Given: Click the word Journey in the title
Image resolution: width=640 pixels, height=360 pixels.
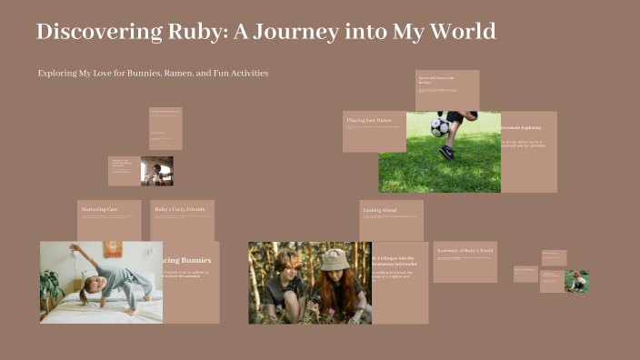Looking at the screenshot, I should point(296,32).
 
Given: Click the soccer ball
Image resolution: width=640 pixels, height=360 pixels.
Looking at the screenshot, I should point(440,127).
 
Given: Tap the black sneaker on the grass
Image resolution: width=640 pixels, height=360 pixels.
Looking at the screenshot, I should point(447,152).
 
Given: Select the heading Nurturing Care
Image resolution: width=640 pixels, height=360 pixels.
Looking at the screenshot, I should point(100,210).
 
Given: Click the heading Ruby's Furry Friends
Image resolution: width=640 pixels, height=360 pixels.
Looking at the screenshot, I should point(178,210).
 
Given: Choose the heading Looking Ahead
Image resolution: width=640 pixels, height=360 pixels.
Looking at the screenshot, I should point(380,211).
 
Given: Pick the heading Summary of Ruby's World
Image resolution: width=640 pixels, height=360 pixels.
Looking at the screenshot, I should point(465,250).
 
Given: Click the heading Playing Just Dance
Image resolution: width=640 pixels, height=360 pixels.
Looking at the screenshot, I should point(369,120).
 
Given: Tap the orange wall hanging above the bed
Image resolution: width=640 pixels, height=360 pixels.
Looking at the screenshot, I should point(112,249).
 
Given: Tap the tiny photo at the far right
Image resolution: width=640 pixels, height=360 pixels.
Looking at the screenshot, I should point(576,281).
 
